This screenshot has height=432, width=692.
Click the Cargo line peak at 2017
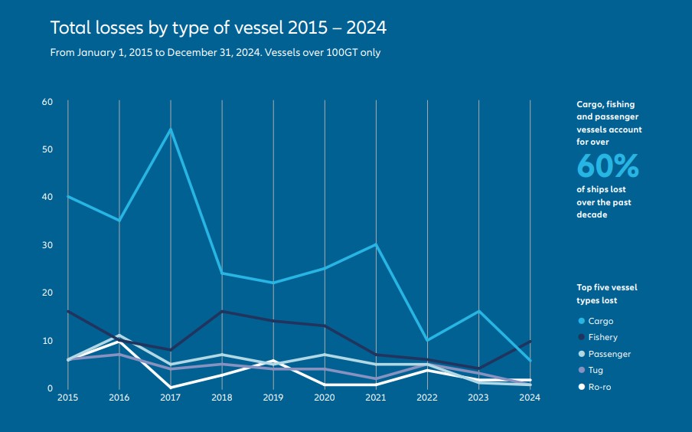(x=171, y=129)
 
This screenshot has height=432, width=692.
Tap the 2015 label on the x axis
(x=67, y=398)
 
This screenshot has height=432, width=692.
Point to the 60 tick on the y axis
(x=47, y=102)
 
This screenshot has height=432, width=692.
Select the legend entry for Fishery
(x=602, y=338)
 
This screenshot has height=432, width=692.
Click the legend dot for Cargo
(x=581, y=322)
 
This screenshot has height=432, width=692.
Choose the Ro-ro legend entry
(x=599, y=387)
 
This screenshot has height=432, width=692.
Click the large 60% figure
(x=607, y=165)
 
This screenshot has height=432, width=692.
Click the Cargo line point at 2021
(x=376, y=244)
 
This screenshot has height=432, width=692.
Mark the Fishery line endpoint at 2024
(x=530, y=341)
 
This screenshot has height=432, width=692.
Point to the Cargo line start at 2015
(x=68, y=196)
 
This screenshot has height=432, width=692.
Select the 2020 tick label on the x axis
(x=325, y=398)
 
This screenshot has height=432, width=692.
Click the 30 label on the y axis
(x=47, y=245)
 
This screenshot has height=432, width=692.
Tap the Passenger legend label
(x=609, y=354)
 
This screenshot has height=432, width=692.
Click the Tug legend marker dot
(x=581, y=371)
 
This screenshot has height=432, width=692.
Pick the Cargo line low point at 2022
(x=427, y=340)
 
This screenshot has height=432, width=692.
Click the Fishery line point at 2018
(x=222, y=311)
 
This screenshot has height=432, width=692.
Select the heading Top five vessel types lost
(x=606, y=294)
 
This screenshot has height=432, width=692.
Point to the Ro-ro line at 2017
(x=171, y=388)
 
